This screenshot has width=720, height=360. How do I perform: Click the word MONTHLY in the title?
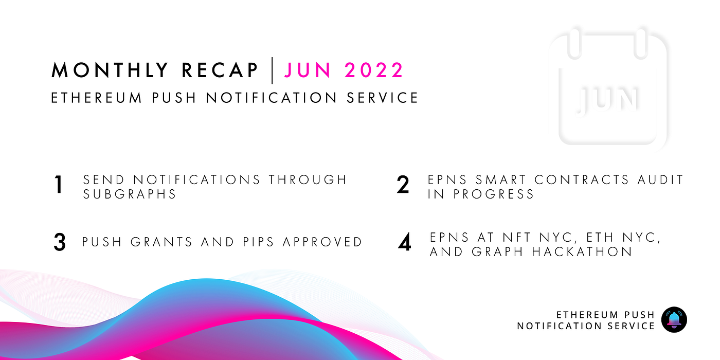pyautogui.click(x=110, y=70)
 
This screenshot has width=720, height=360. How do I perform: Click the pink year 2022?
pyautogui.click(x=374, y=70)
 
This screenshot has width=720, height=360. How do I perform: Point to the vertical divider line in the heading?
pyautogui.click(x=272, y=70)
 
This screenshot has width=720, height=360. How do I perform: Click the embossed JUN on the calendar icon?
pyautogui.click(x=609, y=99)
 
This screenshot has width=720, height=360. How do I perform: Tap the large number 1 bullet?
pyautogui.click(x=59, y=186)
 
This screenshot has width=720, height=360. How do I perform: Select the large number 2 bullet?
pyautogui.click(x=403, y=185)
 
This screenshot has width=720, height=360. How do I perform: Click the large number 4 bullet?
pyautogui.click(x=405, y=243)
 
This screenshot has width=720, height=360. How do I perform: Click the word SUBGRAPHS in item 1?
pyautogui.click(x=130, y=194)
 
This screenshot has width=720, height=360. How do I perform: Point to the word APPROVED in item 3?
pyautogui.click(x=322, y=242)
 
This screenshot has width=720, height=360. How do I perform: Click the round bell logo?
pyautogui.click(x=674, y=320)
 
